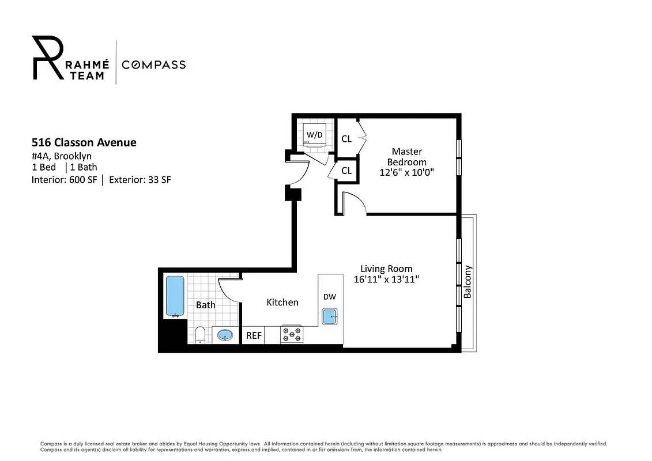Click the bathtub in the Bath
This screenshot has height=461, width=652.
click(x=175, y=296)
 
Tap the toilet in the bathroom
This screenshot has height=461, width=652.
click(x=199, y=334)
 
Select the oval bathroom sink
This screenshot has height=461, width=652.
click(x=224, y=335)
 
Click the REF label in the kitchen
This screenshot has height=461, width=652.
click(x=254, y=335)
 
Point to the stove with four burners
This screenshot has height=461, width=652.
click(x=291, y=334)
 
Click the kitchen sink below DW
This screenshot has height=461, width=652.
click(x=330, y=316)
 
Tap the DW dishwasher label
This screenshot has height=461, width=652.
click(x=329, y=297)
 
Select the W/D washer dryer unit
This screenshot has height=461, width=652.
click(x=314, y=135)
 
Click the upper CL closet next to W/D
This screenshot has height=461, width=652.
click(x=346, y=139)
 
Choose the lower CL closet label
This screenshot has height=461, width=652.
click(x=346, y=171)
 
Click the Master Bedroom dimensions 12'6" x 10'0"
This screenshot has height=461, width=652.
click(x=407, y=172)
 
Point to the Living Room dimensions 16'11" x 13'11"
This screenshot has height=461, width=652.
click(x=386, y=279)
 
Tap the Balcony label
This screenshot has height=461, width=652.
click(x=468, y=281)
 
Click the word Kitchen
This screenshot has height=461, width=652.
click(x=282, y=302)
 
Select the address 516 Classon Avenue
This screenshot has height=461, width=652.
click(x=84, y=142)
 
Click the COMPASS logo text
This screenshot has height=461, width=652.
click(x=153, y=65)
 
